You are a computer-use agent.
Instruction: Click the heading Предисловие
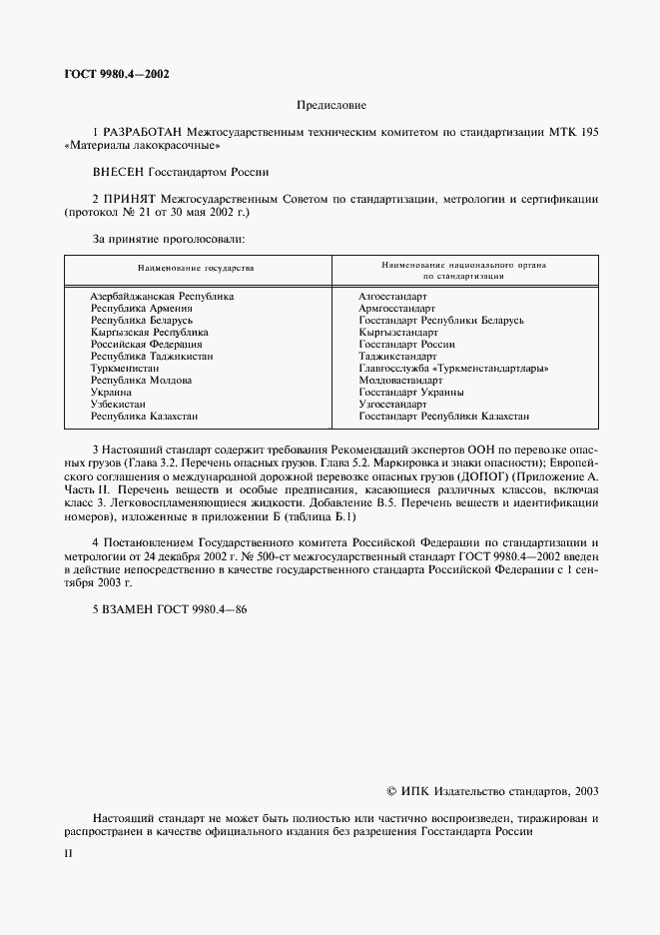331,105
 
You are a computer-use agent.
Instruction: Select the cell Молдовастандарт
400,381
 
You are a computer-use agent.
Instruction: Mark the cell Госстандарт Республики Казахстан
443,416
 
